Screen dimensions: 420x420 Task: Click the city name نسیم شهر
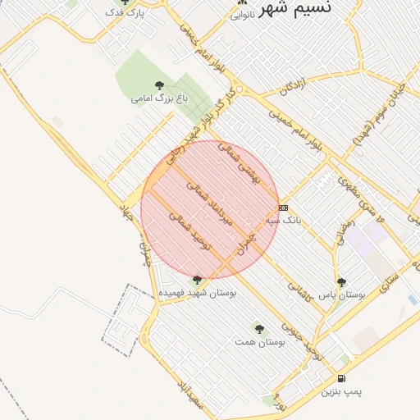click(307, 8)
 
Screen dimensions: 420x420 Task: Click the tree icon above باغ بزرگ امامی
click(159, 84)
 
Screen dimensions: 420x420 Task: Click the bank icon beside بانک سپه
click(283, 208)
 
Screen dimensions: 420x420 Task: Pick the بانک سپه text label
click(284, 220)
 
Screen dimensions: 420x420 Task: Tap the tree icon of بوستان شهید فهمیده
click(197, 280)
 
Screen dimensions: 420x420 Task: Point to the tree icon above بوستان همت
click(259, 328)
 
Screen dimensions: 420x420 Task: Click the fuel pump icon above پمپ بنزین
click(340, 379)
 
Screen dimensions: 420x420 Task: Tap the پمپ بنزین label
click(340, 392)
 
